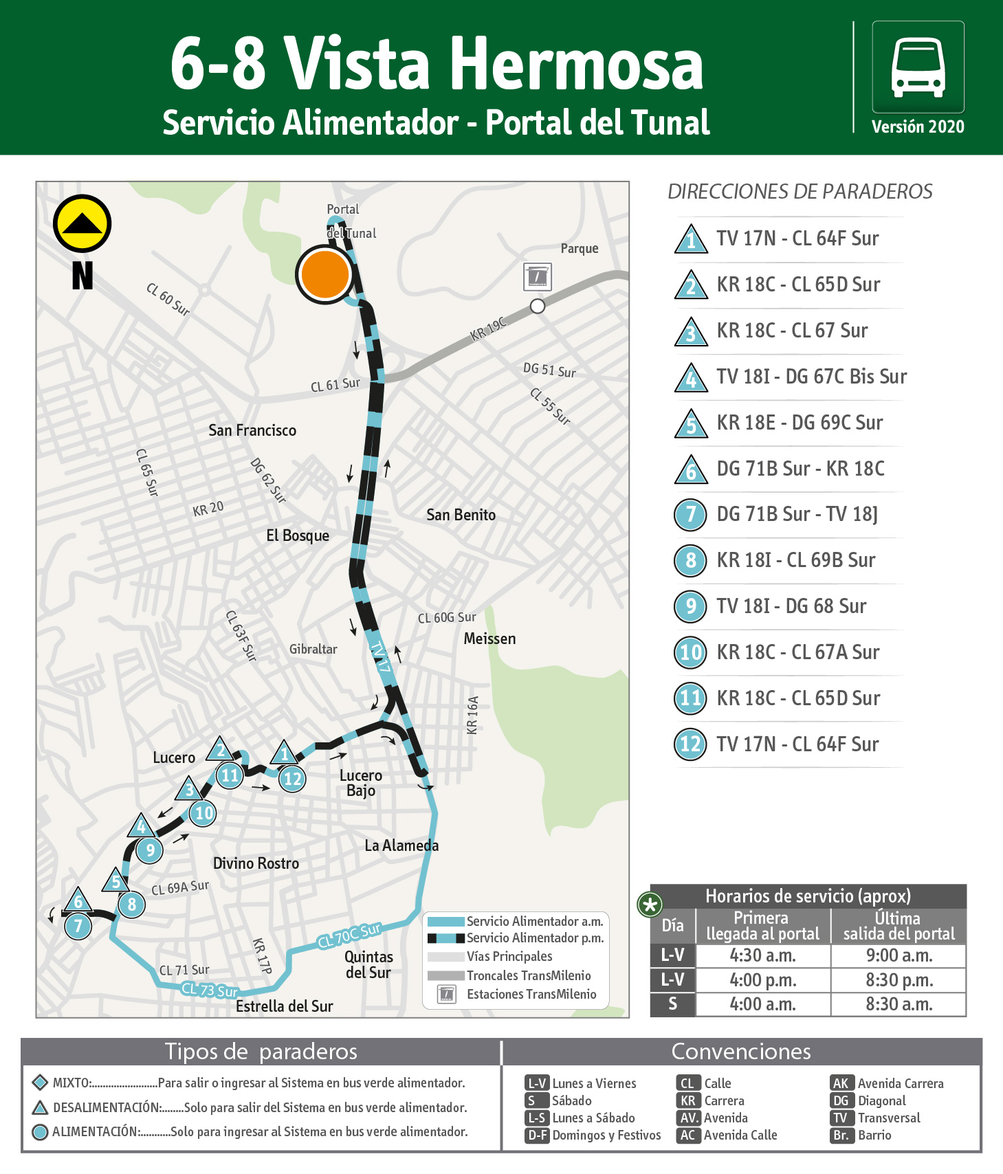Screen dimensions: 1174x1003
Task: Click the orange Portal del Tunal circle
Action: [324, 274]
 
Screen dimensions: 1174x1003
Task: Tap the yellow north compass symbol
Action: [82, 224]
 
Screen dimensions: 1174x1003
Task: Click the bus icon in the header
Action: [918, 67]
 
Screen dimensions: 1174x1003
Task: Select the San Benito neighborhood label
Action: [461, 515]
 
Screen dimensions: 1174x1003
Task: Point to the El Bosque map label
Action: [298, 535]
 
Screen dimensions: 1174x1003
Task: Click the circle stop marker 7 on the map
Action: [78, 926]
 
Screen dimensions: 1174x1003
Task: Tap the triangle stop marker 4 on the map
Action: [141, 826]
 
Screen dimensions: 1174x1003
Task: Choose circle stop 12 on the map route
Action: [293, 779]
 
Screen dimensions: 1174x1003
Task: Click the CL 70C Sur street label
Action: [349, 935]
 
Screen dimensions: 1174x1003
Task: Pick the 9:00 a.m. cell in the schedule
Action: [899, 955]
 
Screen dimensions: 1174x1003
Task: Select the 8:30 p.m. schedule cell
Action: [899, 979]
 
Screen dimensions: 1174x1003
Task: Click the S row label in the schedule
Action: [672, 1004]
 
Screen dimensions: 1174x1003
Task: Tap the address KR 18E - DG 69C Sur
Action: [800, 423]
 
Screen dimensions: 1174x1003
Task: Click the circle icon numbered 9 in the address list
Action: [691, 606]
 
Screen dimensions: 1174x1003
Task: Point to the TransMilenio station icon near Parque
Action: [537, 276]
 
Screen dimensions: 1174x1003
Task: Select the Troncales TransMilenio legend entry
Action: [528, 975]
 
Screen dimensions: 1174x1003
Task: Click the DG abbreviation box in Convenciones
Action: [841, 1100]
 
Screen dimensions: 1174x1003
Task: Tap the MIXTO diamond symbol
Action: [40, 1082]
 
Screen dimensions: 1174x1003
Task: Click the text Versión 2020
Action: [918, 127]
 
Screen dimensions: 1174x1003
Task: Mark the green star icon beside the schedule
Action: [650, 905]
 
